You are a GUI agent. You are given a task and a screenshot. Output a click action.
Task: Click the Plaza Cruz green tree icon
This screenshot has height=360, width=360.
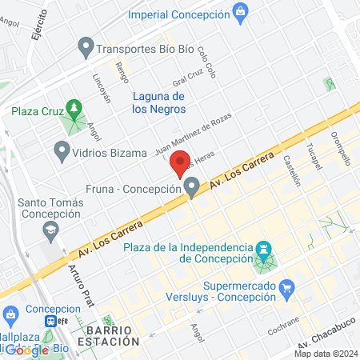pos(74,106)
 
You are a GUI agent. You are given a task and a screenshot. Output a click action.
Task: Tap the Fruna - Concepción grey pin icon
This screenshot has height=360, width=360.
pos(191,188)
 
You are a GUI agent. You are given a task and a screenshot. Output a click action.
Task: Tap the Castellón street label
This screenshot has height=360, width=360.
pos(292,170)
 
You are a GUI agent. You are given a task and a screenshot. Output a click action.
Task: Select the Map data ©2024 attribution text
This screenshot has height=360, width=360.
pos(326,354)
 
